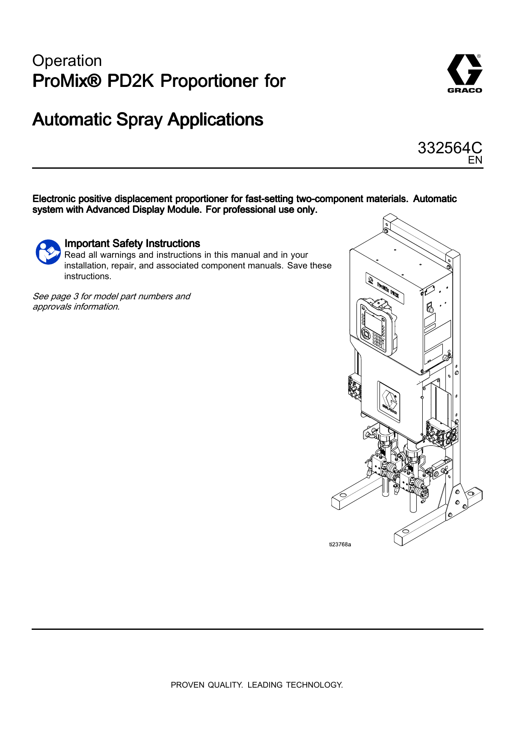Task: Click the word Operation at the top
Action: click(x=67, y=61)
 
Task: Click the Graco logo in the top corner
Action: click(x=465, y=73)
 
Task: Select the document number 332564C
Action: click(x=450, y=148)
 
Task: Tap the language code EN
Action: click(x=475, y=160)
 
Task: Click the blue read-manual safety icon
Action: click(x=48, y=252)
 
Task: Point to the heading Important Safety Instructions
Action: click(x=132, y=244)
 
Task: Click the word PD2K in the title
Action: click(x=131, y=81)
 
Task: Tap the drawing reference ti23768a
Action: click(x=340, y=545)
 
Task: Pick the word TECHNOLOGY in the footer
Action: click(x=314, y=685)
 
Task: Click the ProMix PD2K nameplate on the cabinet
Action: click(x=385, y=288)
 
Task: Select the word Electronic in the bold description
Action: click(x=54, y=199)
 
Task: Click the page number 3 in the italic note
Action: click(x=76, y=296)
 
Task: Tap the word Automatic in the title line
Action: click(x=72, y=120)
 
